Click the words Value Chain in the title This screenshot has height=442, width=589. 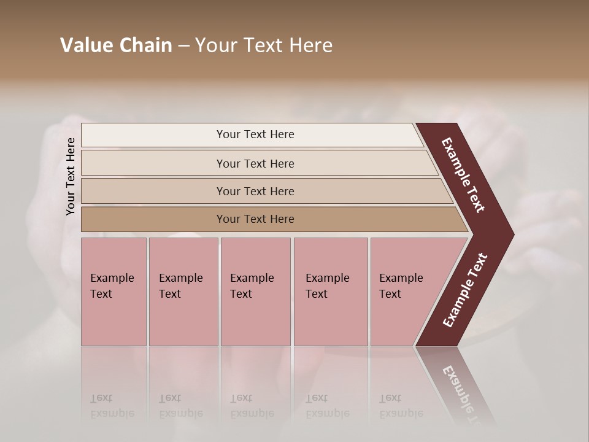(x=116, y=45)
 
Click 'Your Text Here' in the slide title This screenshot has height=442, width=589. (x=264, y=45)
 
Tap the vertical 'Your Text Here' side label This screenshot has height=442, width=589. (x=71, y=176)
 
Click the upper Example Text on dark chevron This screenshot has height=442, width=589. (x=464, y=175)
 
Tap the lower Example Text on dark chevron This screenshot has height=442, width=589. (x=465, y=290)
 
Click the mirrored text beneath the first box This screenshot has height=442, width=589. (x=112, y=406)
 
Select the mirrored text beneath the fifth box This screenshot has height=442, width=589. (x=401, y=406)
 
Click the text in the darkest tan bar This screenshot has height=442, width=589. (x=255, y=219)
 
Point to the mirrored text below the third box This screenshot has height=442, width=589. (x=252, y=406)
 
